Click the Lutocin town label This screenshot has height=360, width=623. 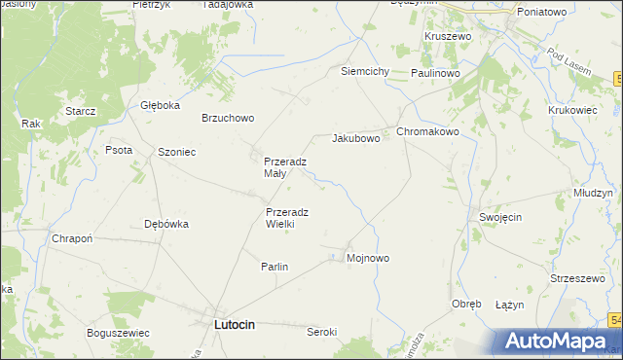(234, 325)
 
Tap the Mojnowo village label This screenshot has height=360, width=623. (368, 258)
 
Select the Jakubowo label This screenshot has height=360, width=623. (355, 139)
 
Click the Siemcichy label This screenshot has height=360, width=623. (365, 72)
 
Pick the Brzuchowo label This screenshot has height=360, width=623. (227, 118)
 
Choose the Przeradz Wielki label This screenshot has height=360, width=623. (287, 218)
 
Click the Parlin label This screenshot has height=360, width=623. (275, 267)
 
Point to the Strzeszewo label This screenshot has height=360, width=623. (578, 278)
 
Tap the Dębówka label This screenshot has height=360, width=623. (165, 223)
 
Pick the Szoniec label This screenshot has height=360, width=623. (177, 152)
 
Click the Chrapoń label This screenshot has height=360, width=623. (72, 239)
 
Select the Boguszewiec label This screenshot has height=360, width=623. (118, 332)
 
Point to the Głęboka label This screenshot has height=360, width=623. (161, 106)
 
